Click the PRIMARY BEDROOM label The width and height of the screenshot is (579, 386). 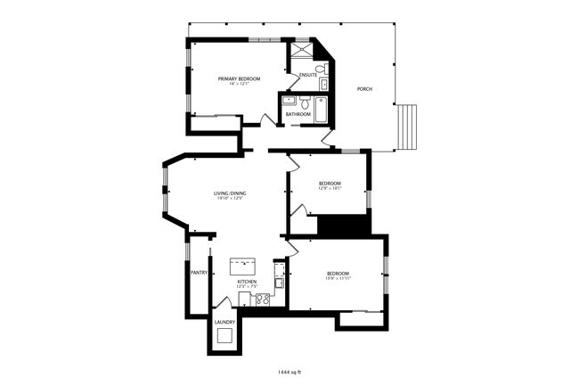click(239, 79)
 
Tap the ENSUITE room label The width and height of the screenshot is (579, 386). click(308, 74)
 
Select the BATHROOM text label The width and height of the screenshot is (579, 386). click(298, 114)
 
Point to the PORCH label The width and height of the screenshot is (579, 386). click(364, 89)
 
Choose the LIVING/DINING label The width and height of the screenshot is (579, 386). click(230, 193)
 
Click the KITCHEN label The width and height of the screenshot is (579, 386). click(247, 282)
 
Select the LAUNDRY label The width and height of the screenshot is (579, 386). click(224, 322)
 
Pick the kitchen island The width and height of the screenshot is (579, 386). click(241, 265)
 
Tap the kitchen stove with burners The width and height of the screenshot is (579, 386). click(263, 300)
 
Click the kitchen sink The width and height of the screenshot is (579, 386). click(279, 283)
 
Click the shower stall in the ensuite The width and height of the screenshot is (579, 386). click(302, 50)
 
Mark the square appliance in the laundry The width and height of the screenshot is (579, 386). click(224, 335)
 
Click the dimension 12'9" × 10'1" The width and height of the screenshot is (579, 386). click(330, 189)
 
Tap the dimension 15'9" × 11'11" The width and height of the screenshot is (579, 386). click(337, 280)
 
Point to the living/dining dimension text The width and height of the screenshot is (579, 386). click(230, 199)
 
